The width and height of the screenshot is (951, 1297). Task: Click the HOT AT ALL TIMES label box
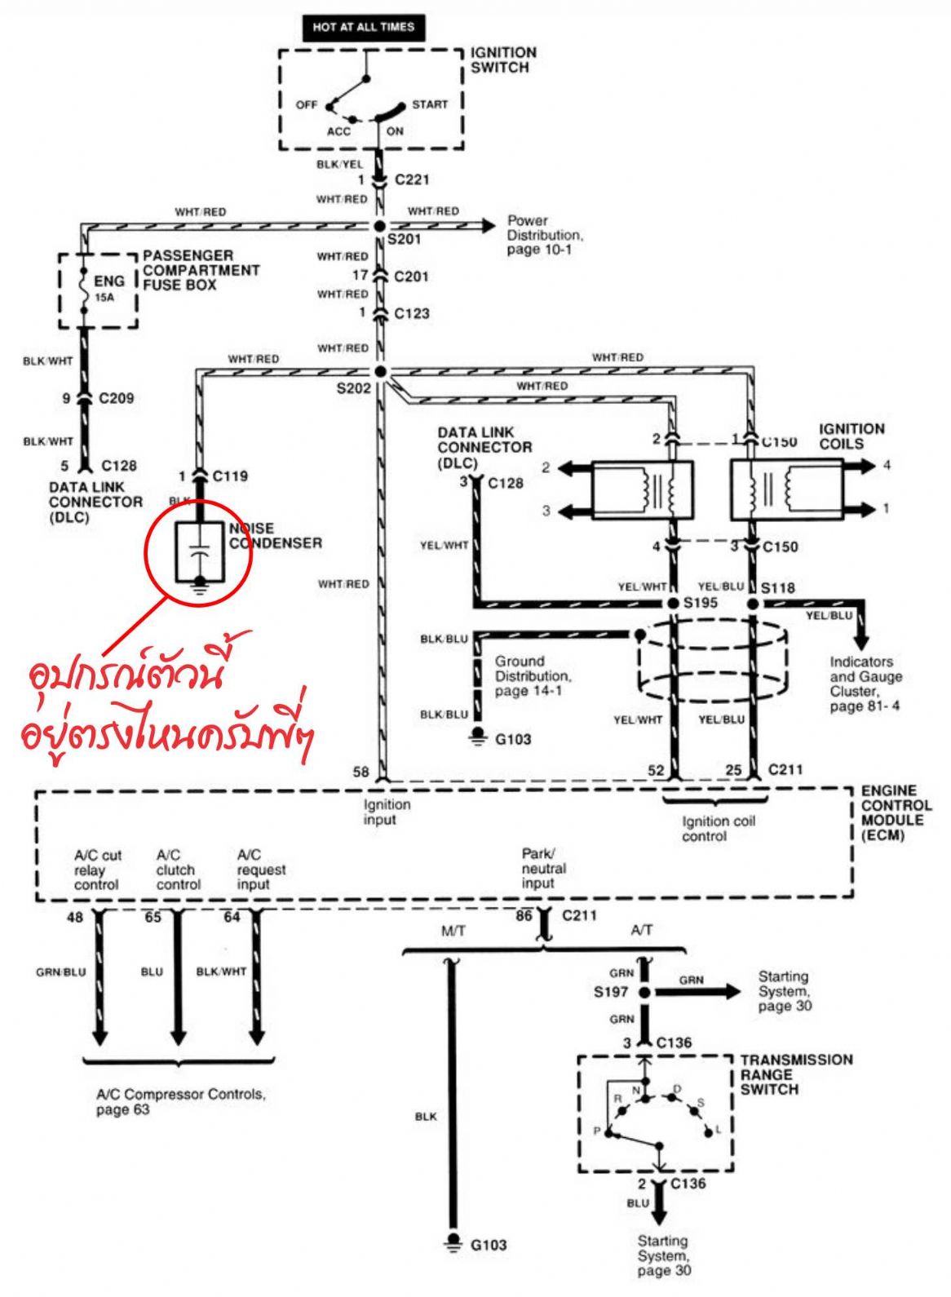point(363,27)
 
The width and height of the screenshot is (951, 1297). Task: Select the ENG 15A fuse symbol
point(82,287)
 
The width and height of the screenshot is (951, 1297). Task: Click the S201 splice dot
point(379,226)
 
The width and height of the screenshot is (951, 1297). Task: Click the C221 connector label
point(411,179)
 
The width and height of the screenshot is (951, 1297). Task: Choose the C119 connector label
point(230,476)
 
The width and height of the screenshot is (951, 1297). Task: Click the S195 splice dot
point(673,604)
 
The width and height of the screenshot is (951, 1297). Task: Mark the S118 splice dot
point(753,604)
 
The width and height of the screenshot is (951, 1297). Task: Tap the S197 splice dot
point(644,992)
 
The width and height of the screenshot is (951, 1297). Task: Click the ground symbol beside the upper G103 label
point(478,737)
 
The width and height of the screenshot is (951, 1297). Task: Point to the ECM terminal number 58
point(360,772)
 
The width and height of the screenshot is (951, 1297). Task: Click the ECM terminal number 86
point(524,916)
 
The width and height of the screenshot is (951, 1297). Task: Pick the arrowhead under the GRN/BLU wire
point(100,1037)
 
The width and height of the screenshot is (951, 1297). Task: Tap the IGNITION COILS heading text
point(851,436)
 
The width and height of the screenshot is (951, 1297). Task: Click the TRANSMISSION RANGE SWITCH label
point(795,1073)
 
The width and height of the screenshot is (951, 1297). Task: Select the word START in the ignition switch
point(429,104)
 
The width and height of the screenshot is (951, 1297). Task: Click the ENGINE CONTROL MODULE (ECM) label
point(896,812)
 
